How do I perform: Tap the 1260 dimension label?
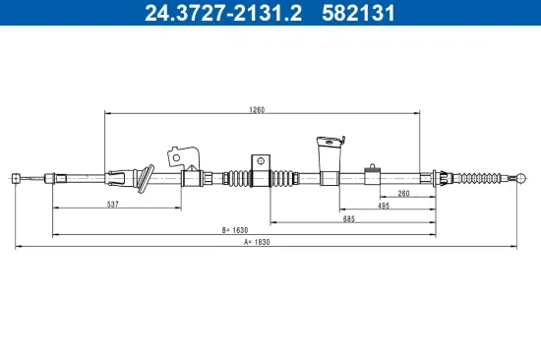point(258,110)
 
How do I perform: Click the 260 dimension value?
point(404,194)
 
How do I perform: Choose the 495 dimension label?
point(384,207)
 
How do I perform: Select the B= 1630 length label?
point(234,230)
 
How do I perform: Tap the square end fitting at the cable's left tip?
point(16,178)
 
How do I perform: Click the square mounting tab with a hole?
point(261,162)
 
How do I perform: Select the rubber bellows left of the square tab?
point(238,178)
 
